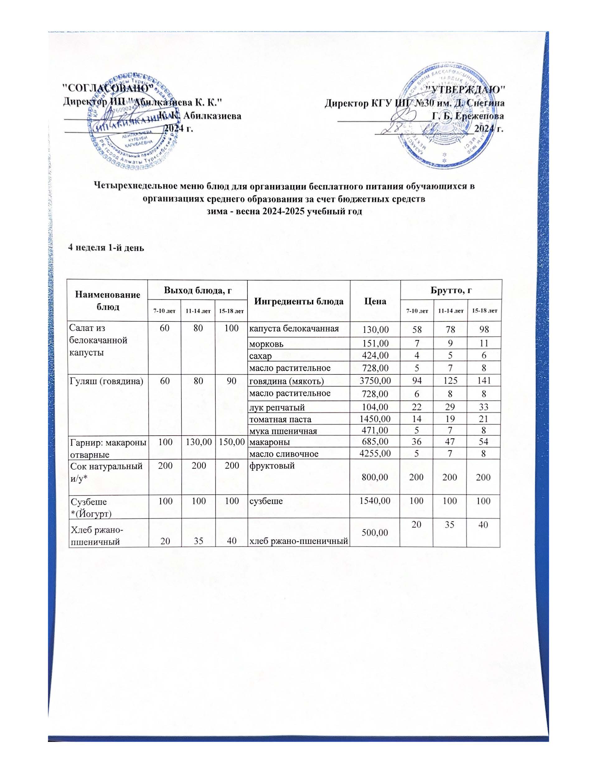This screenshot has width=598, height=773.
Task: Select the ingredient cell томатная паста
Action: click(280, 419)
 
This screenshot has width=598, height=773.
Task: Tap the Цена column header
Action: click(375, 301)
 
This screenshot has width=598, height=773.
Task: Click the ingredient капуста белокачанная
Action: click(294, 328)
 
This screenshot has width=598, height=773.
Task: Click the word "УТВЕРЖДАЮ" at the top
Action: click(466, 89)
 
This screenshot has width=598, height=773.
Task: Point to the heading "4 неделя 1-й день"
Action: click(106, 248)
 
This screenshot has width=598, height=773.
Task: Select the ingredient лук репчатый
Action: click(277, 408)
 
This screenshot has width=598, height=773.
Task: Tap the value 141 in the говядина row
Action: click(483, 381)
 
